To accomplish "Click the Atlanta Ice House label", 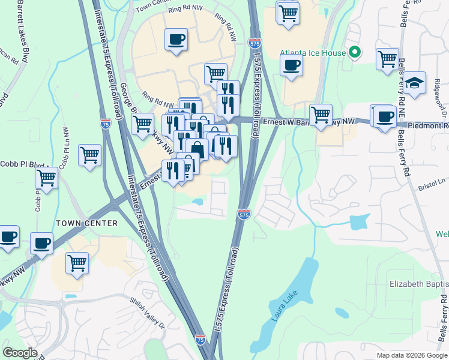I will tap(313, 53).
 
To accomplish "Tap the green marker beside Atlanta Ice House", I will tap(354, 53).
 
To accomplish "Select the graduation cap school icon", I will tap(414, 83).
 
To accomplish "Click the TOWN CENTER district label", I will tap(86, 223).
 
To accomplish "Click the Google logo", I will tap(19, 353).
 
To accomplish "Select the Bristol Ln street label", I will tap(433, 181).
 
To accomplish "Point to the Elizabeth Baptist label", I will tap(418, 283).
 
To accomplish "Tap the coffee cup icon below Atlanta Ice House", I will tap(291, 66).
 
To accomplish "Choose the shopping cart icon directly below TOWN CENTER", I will tap(77, 263).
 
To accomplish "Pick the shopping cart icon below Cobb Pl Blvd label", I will tap(46, 178).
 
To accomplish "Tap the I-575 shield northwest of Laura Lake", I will tap(243, 214).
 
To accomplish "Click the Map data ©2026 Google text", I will tap(412, 355).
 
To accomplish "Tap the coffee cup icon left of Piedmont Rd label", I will tap(385, 116).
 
